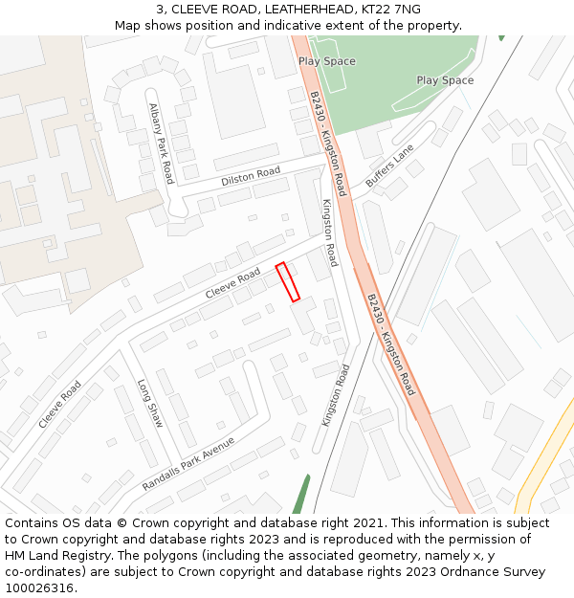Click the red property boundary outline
pos(288,282)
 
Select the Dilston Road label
pos(251,176)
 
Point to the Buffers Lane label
pos(389,166)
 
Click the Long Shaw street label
pos(150,403)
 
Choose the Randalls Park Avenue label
pos(188,464)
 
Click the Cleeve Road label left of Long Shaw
pos(59,405)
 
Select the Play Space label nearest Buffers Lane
pos(445,80)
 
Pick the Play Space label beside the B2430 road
pos(326,61)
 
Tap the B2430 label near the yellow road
pos(391,344)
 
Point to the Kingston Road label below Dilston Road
pos(330,233)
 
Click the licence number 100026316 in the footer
pos(39,587)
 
